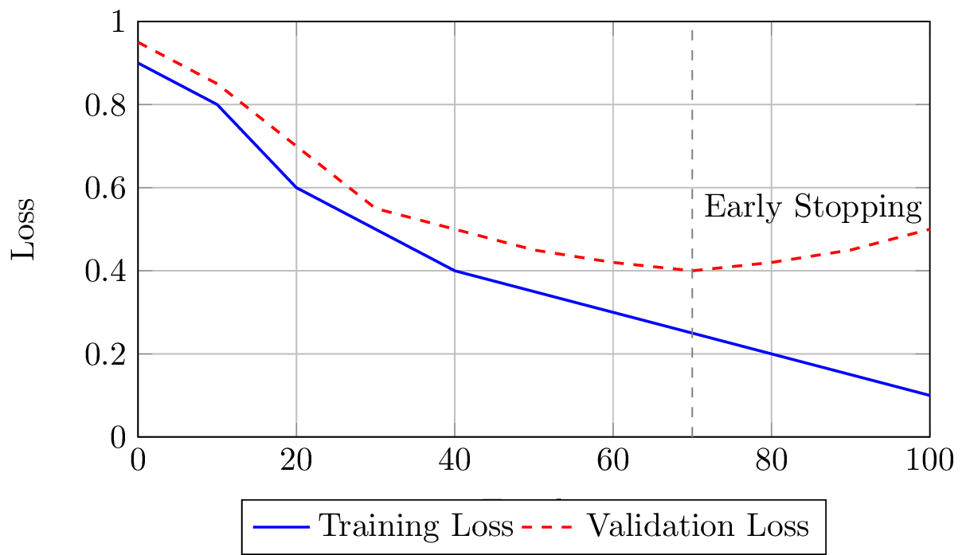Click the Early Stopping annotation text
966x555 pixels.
813,208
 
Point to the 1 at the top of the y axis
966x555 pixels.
119,22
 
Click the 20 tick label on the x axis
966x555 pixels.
296,461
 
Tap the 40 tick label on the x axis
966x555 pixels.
455,461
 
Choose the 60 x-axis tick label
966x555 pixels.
613,461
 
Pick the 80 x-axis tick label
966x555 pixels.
771,461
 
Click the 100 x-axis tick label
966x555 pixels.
929,461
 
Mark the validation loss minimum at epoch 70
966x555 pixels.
692,271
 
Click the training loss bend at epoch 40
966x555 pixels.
455,271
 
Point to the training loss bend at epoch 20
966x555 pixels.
296,188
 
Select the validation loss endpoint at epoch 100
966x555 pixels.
929,229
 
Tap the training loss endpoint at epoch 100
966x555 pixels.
929,395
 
